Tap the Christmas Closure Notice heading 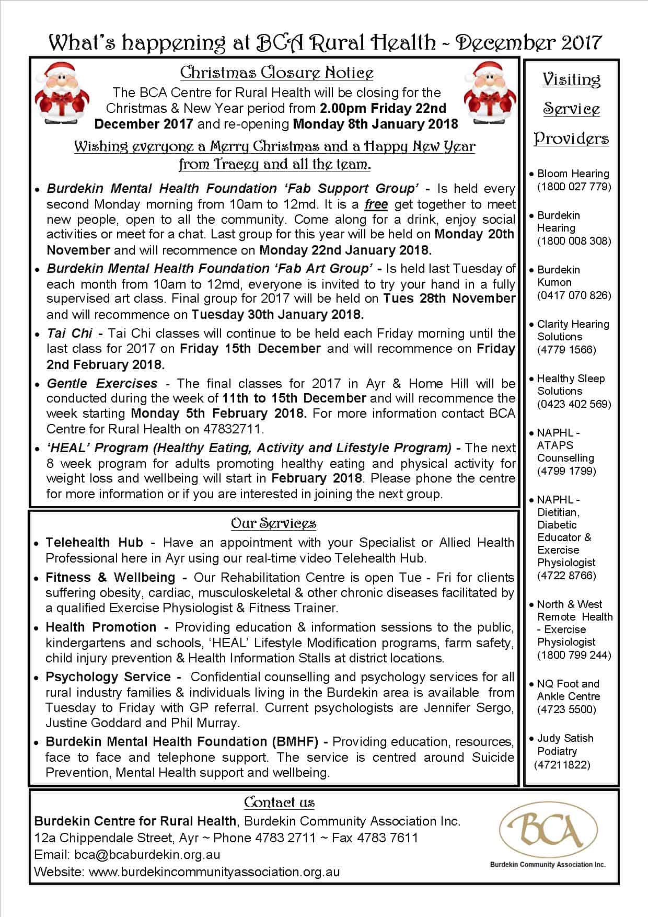point(276,73)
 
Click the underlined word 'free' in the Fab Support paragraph point(376,204)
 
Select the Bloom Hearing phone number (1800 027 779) point(574,186)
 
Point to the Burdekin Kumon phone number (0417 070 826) point(574,295)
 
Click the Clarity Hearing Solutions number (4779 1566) point(566,349)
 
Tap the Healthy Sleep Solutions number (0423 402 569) point(574,404)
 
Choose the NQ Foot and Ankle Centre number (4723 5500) point(566,709)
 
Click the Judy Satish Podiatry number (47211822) point(562,764)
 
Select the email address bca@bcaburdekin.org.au point(147,855)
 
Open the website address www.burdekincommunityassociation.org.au point(214,872)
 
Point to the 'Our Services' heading point(273,523)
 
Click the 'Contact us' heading point(279,803)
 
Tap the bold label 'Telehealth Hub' point(95,543)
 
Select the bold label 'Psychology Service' point(108,677)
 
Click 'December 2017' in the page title point(528,43)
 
